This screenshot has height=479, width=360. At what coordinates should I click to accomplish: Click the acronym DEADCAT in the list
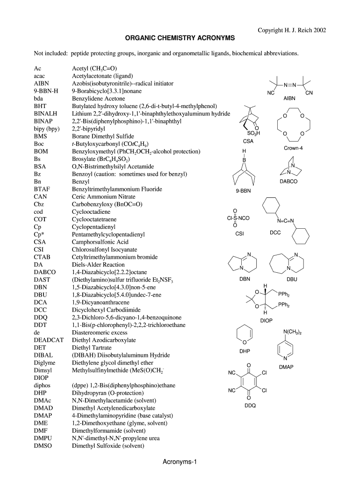[49, 340]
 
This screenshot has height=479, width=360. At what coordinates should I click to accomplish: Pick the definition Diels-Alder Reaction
[98, 264]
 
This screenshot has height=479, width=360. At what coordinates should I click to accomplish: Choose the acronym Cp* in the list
[39, 234]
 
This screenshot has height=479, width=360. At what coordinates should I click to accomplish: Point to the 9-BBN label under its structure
[244, 190]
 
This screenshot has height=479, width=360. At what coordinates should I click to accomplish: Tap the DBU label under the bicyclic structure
[292, 279]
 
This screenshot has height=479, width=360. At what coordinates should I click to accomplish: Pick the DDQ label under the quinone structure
[250, 406]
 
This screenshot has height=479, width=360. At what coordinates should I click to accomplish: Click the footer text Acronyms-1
[180, 462]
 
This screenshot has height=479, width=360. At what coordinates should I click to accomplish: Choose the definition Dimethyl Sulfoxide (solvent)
[108, 446]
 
